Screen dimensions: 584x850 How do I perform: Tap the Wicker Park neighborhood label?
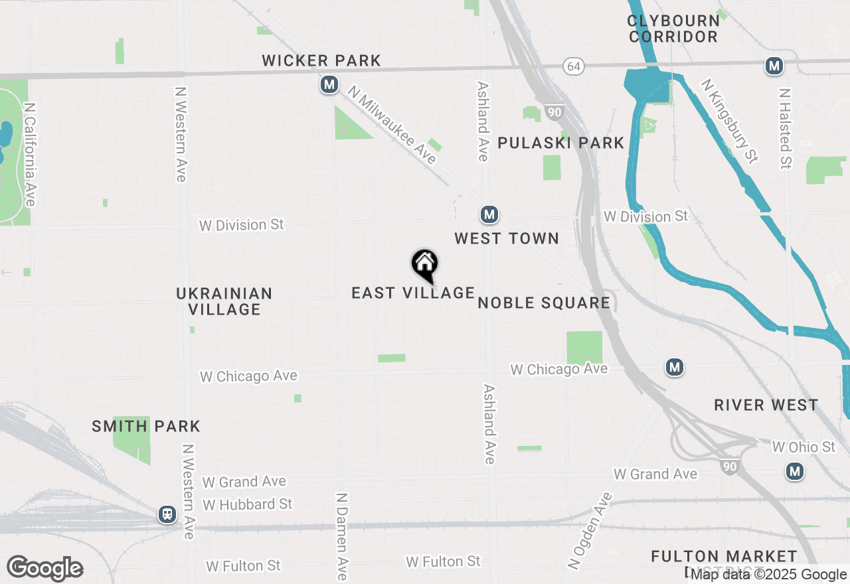click(321, 61)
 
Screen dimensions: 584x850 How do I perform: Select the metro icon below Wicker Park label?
click(329, 85)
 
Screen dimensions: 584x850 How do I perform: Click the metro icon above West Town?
click(489, 215)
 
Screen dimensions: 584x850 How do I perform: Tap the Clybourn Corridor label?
click(673, 29)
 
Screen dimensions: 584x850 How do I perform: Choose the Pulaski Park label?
click(560, 143)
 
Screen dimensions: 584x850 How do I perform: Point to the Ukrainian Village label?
click(224, 301)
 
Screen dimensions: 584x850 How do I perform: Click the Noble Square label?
click(544, 303)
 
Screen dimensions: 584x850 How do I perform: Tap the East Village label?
click(413, 293)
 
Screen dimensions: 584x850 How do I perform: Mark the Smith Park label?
click(146, 426)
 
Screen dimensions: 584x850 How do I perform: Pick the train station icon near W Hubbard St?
click(167, 514)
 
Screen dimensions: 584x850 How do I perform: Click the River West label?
click(766, 405)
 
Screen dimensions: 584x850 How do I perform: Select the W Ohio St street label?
click(804, 447)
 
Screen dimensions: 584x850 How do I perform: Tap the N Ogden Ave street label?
click(590, 531)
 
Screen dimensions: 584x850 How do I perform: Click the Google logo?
click(44, 568)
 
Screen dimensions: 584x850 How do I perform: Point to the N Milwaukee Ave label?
click(393, 125)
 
